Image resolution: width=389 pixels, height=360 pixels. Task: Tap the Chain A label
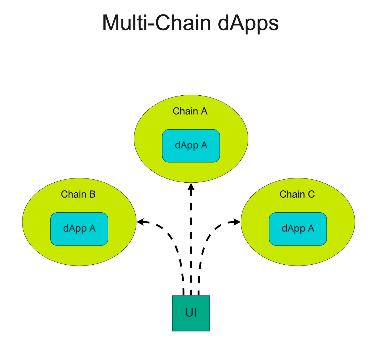(x=190, y=111)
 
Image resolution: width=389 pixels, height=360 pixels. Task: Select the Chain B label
(x=78, y=194)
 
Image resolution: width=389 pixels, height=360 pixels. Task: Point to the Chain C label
(x=297, y=194)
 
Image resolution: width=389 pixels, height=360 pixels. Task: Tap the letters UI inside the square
(x=191, y=313)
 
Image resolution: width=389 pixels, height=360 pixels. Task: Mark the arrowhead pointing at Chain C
(x=237, y=222)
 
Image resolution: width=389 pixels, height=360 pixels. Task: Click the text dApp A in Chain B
(x=79, y=228)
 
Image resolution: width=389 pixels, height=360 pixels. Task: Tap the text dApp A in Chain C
(x=298, y=228)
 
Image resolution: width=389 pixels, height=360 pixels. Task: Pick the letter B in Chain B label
(x=92, y=194)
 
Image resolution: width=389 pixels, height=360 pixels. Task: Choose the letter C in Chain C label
(x=311, y=194)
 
